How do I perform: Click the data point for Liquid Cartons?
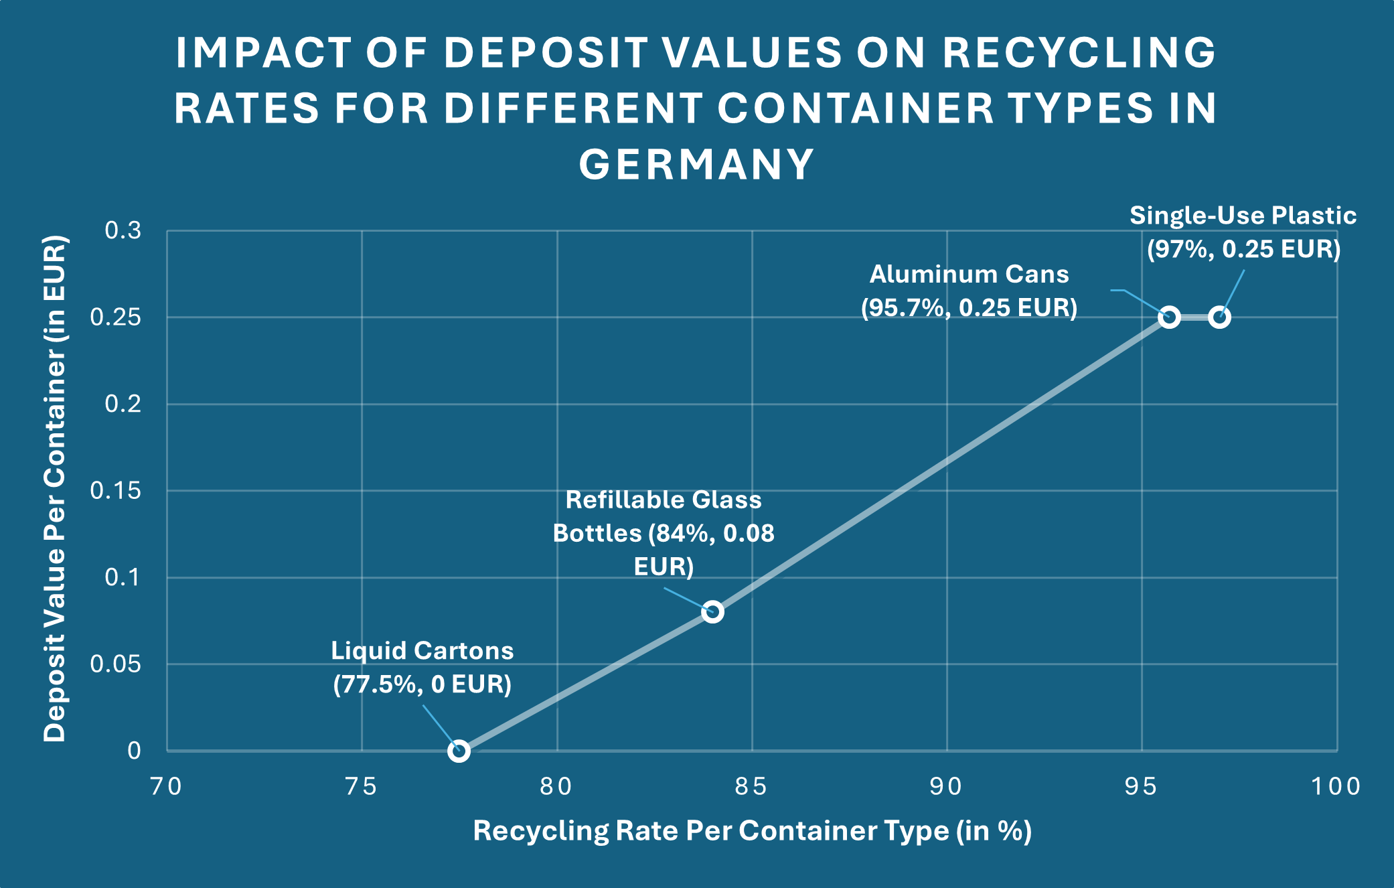pos(459,751)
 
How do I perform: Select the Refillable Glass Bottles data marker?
pos(712,611)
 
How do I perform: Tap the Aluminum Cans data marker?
pos(1169,317)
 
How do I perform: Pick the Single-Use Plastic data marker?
pos(1220,317)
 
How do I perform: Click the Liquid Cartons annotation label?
pos(422,668)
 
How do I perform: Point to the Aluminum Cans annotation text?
pos(969,291)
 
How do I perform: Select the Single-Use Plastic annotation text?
pos(1243,232)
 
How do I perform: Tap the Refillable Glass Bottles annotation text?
pos(664,533)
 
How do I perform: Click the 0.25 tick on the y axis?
pos(116,317)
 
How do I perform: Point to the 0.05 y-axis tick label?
pos(116,664)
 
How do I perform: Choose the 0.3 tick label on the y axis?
pos(123,230)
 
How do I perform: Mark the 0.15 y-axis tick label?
pos(116,491)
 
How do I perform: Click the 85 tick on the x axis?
pos(751,786)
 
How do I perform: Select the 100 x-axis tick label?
pos(1336,786)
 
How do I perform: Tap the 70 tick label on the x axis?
pos(167,786)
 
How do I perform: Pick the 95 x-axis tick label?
pos(1141,786)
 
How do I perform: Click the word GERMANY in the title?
pos(696,165)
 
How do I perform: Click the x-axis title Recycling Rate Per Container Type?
pos(752,831)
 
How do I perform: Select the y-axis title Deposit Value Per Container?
pos(55,489)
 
